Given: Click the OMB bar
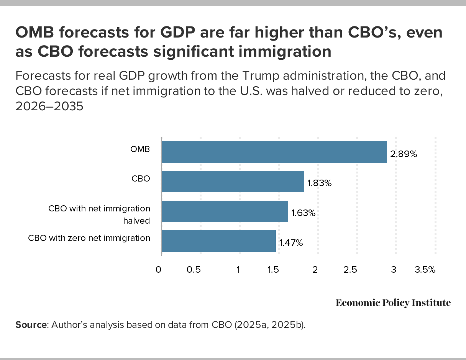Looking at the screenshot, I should point(274,152).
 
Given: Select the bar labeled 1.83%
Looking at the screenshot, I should point(233,182).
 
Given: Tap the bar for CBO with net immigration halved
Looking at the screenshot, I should point(225,211).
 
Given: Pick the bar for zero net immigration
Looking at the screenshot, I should point(218,241).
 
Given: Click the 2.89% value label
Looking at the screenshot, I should point(403,154).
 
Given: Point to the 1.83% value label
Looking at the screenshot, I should point(319,183).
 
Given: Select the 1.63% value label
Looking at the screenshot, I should point(303,213).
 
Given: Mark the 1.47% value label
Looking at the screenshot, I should point(291,243).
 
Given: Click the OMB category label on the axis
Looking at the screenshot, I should point(140,149).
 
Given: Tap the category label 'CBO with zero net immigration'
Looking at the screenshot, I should point(89,238).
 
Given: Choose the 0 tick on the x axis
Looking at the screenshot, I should point(159,270).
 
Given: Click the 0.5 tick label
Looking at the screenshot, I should point(194,270).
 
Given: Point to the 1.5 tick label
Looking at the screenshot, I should point(272,270).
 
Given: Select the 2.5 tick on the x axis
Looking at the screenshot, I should point(350,270).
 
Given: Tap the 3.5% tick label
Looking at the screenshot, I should point(425,270).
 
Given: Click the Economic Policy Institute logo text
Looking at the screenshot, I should point(393,303).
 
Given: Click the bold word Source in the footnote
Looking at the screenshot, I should point(31,325).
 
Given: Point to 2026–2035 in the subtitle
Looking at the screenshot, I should point(49,106).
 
